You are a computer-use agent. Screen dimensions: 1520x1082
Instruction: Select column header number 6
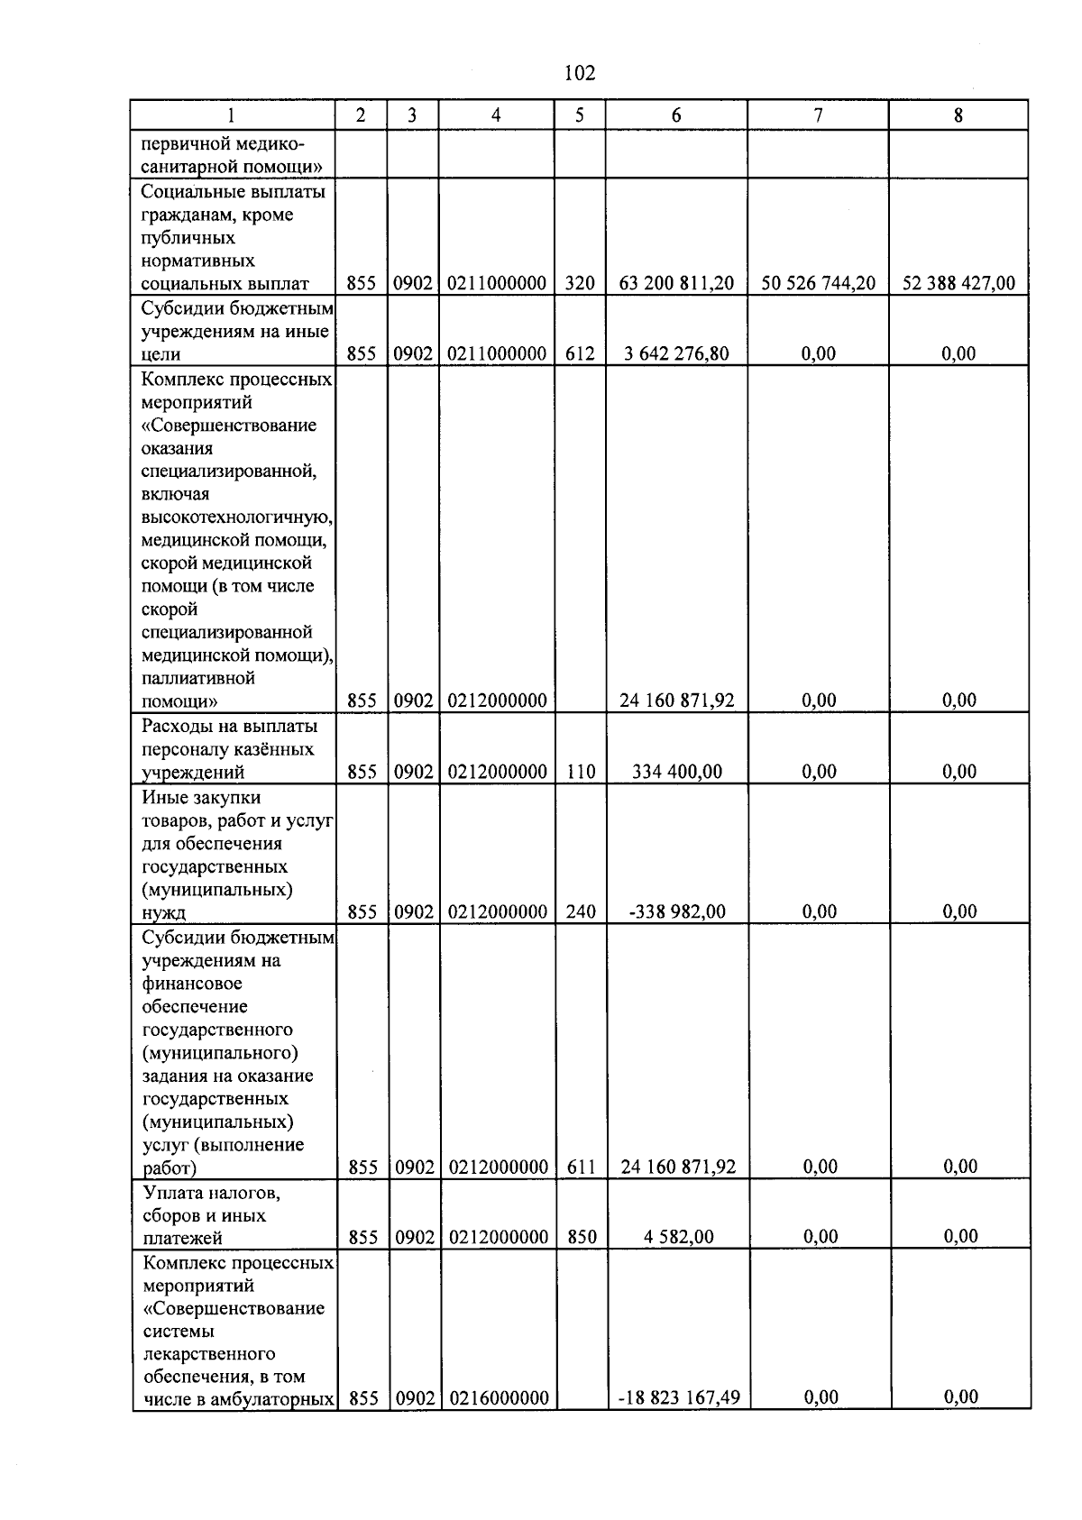(676, 115)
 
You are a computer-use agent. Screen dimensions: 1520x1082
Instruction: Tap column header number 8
(958, 115)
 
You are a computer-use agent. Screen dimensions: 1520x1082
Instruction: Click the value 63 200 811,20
(676, 283)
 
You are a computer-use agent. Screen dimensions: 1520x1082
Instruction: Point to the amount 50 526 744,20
(818, 283)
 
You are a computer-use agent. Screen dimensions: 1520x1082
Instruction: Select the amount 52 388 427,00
(958, 283)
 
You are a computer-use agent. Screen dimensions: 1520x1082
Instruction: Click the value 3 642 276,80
(676, 353)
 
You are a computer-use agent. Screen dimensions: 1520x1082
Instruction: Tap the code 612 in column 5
(580, 353)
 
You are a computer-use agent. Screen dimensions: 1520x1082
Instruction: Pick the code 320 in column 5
(580, 283)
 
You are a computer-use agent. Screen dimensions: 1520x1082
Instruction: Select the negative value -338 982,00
(676, 911)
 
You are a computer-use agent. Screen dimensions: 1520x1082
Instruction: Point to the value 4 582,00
(678, 1237)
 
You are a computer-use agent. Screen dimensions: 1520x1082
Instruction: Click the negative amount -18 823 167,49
(678, 1397)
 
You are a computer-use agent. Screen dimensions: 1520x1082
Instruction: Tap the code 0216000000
(498, 1397)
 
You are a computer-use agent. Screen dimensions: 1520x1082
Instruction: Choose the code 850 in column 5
(582, 1237)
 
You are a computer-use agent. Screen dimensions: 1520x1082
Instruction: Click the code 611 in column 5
(582, 1167)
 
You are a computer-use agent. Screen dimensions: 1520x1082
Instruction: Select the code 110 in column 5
(581, 772)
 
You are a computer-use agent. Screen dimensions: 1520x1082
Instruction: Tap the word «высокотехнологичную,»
(237, 517)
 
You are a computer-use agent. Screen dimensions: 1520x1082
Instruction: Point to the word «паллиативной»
(198, 678)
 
